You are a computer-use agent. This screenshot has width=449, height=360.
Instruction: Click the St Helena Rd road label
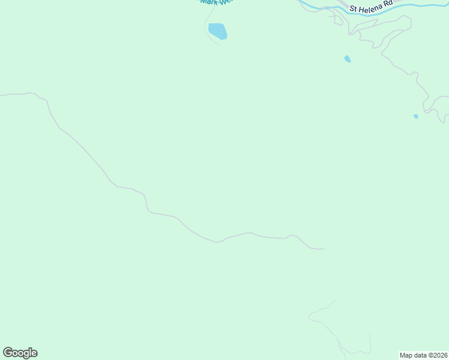click(x=370, y=6)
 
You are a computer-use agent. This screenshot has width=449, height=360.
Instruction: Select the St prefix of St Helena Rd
click(x=354, y=9)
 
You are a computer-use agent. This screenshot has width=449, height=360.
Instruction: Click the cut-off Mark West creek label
click(x=215, y=2)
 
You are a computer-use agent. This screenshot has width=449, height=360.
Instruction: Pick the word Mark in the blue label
click(x=207, y=2)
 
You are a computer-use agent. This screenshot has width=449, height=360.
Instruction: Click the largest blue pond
click(x=217, y=31)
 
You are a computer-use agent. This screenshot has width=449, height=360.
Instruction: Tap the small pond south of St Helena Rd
click(x=348, y=59)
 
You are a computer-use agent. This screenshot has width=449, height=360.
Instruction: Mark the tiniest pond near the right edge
click(x=416, y=116)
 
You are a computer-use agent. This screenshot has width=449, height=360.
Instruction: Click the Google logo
click(x=20, y=353)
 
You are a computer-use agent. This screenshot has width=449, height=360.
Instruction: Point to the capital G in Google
click(x=8, y=353)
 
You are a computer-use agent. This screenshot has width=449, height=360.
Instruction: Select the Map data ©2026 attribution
click(x=423, y=355)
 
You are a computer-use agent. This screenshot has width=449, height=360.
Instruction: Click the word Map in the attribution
click(x=406, y=355)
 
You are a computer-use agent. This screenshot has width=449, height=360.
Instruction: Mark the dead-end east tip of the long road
click(x=324, y=248)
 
